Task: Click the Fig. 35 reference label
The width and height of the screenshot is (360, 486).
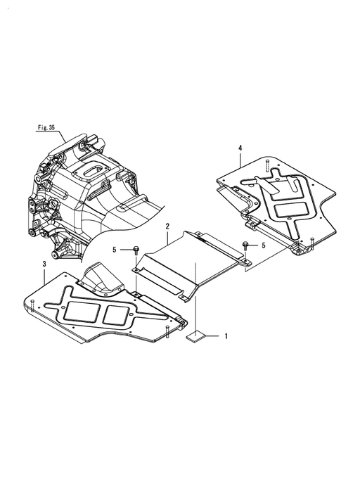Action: pyautogui.click(x=46, y=127)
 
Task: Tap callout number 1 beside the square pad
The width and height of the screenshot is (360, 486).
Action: pyautogui.click(x=226, y=336)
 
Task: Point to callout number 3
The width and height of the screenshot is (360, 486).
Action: pyautogui.click(x=44, y=264)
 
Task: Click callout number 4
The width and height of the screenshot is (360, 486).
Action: pyautogui.click(x=240, y=148)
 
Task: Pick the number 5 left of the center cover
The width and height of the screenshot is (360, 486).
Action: pyautogui.click(x=115, y=250)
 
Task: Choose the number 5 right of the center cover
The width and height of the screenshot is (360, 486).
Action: pyautogui.click(x=264, y=245)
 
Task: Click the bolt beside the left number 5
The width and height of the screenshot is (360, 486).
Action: pyautogui.click(x=136, y=250)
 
